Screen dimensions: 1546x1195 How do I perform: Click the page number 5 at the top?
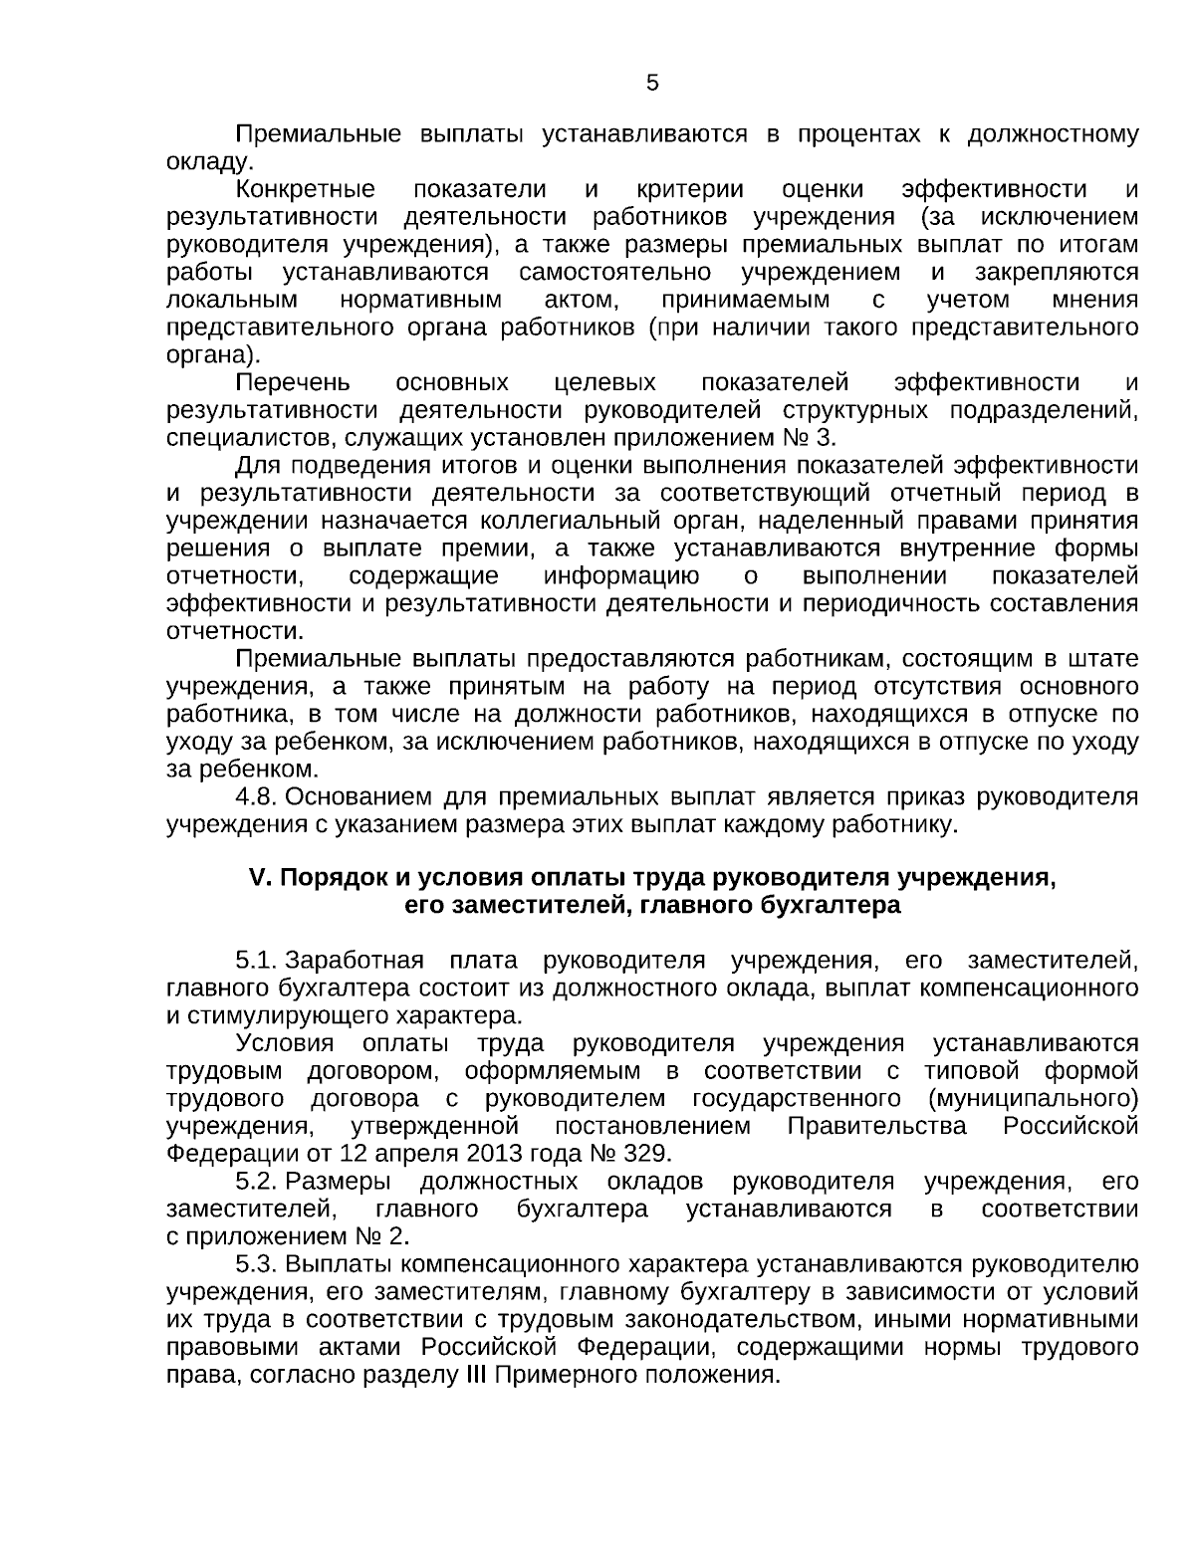(652, 84)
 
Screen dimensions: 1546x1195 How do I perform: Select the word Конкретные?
(306, 189)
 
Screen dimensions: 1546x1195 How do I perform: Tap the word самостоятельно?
(614, 272)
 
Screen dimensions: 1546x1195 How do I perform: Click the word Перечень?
(293, 382)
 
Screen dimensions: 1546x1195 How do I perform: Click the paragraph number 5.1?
(255, 960)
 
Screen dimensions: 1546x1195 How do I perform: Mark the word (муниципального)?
(1033, 1099)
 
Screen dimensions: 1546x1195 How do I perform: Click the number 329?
(647, 1154)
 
